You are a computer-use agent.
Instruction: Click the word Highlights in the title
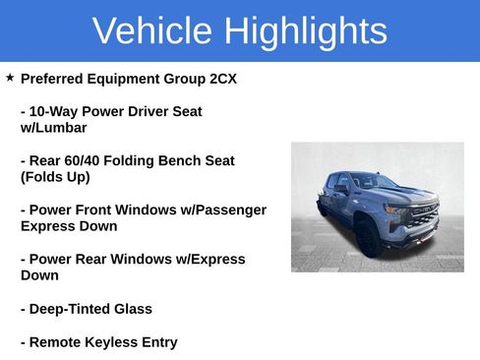[305, 31]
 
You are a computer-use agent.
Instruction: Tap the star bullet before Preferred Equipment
[10, 77]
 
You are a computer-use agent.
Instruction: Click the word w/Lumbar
[53, 128]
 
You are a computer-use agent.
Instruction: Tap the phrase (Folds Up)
[55, 177]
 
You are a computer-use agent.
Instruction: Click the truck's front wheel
[367, 238]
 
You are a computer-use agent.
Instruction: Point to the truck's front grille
[423, 216]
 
